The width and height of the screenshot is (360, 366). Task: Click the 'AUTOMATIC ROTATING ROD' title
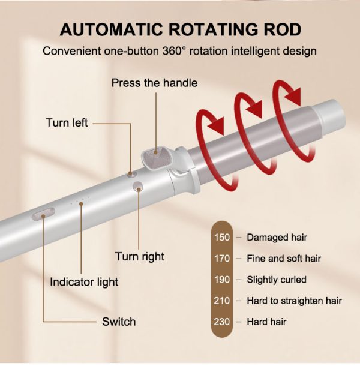(180, 29)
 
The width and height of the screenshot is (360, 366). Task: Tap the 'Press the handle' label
(154, 83)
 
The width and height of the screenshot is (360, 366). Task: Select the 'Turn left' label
(67, 123)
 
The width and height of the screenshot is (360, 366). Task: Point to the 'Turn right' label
(140, 257)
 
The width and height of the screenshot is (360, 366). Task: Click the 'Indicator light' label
(84, 282)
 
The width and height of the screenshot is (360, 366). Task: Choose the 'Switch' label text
(119, 322)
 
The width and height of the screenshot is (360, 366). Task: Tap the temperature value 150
(222, 238)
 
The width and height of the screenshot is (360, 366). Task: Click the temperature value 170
(222, 259)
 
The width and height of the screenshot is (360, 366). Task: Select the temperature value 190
(222, 280)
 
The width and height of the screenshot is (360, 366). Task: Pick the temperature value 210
(222, 301)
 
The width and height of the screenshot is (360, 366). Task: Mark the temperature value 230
(222, 322)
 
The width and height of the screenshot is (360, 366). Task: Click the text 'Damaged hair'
(277, 238)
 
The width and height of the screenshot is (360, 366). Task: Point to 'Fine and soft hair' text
(284, 259)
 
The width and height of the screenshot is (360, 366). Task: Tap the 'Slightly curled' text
(277, 280)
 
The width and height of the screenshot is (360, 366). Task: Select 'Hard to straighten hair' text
(294, 301)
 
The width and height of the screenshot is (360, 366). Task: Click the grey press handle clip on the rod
(157, 157)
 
